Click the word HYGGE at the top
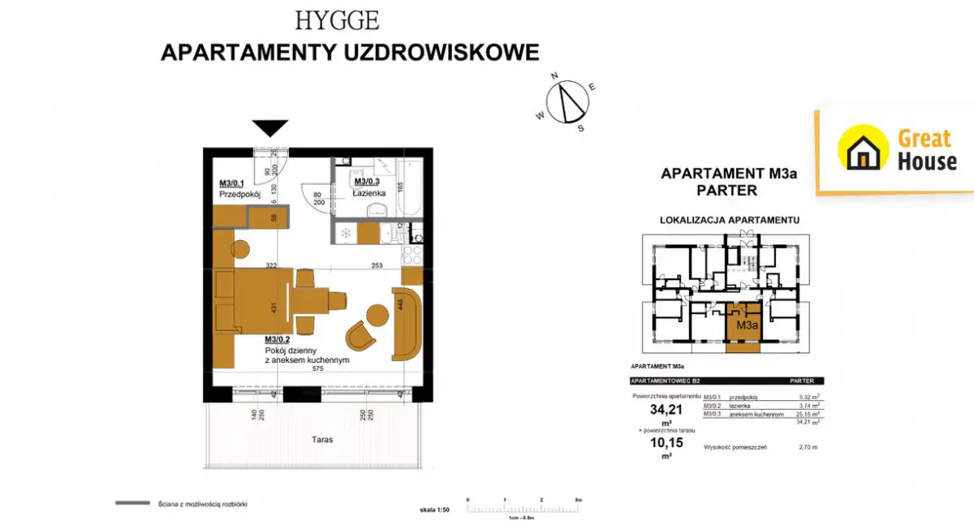click(x=337, y=20)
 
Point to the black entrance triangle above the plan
click(x=269, y=127)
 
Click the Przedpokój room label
click(x=238, y=196)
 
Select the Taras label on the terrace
click(x=321, y=440)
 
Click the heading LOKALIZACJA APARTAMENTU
click(x=730, y=220)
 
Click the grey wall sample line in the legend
click(x=131, y=504)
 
